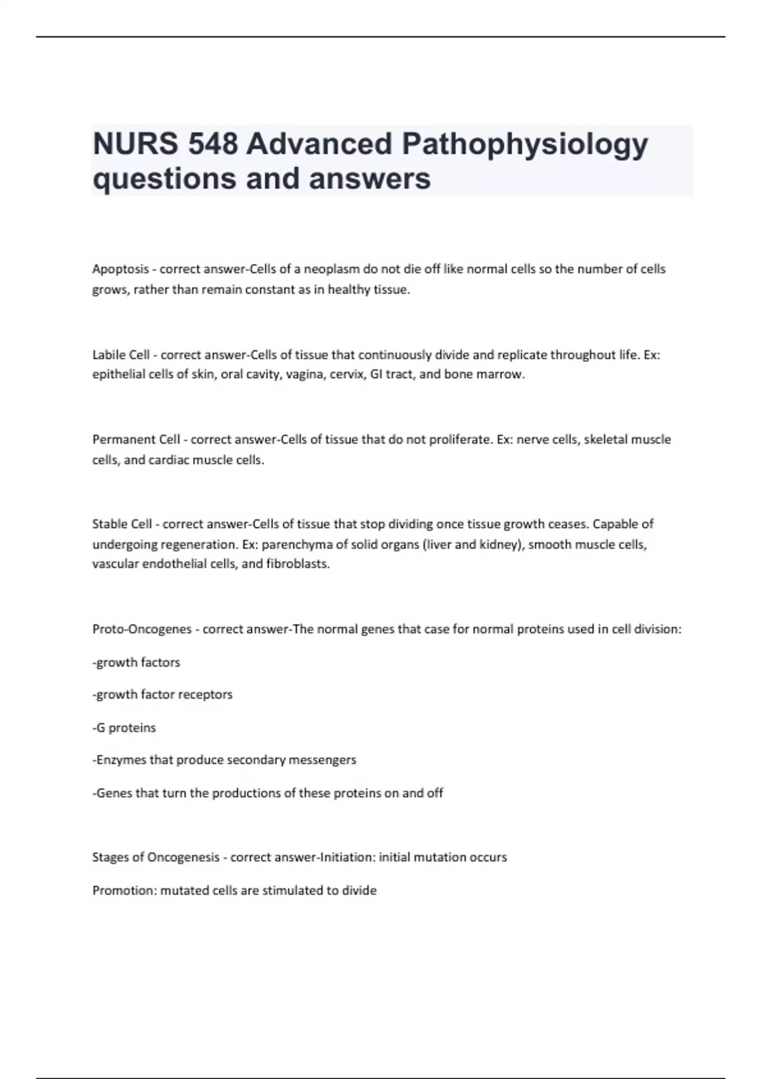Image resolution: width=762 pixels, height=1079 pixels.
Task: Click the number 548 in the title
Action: pos(212,144)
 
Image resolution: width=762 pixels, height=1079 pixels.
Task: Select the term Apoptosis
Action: pos(120,269)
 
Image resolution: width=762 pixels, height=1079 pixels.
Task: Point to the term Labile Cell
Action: pos(121,355)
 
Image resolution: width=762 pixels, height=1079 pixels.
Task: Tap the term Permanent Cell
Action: pos(136,440)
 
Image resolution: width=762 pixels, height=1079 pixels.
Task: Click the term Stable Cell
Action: pos(122,524)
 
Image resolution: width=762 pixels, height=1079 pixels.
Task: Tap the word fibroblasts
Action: pos(298,564)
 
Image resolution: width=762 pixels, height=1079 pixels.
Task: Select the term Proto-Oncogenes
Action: pos(142,630)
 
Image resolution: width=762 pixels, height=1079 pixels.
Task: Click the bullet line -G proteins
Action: pos(124,728)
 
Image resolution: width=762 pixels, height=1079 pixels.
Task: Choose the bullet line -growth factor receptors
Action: pos(163,695)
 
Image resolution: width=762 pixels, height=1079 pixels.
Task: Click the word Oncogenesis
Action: pos(183,857)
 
